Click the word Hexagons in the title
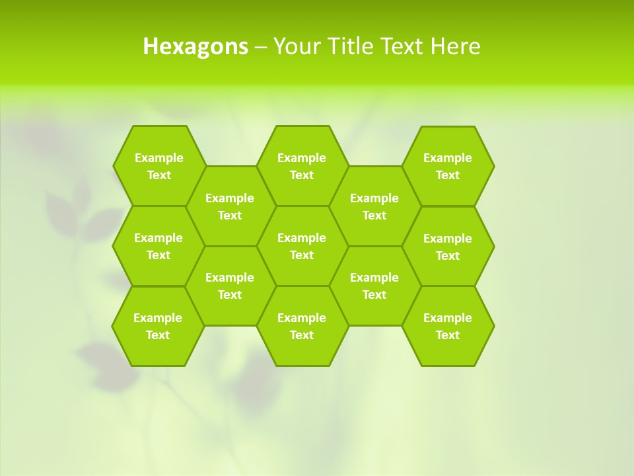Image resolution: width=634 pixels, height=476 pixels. (x=195, y=46)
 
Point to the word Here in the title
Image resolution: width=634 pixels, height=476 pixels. (x=456, y=46)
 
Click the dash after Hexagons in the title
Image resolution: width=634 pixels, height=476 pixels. (x=261, y=47)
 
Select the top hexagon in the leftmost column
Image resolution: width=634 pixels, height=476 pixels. (x=158, y=166)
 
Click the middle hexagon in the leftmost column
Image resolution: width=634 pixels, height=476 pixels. (x=158, y=246)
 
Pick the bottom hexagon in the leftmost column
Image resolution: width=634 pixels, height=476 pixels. (x=158, y=326)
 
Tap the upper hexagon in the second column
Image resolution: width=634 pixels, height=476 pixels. (x=230, y=206)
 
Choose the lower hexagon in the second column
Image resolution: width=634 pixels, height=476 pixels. (x=230, y=286)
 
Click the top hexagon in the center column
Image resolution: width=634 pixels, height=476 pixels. (x=302, y=166)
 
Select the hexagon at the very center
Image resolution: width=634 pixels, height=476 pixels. (x=302, y=246)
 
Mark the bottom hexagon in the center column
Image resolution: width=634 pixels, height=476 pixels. (x=302, y=326)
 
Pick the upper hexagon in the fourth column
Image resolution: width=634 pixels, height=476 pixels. (x=374, y=206)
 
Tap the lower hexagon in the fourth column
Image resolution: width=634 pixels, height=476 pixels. (x=374, y=286)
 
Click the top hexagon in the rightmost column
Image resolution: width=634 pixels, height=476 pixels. (x=448, y=166)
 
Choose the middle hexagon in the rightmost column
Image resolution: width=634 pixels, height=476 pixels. (x=448, y=247)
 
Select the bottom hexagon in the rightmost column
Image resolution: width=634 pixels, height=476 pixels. (x=448, y=326)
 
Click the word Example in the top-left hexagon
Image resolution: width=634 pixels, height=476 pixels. (x=158, y=158)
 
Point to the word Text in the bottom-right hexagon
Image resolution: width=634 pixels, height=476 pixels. (x=448, y=335)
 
